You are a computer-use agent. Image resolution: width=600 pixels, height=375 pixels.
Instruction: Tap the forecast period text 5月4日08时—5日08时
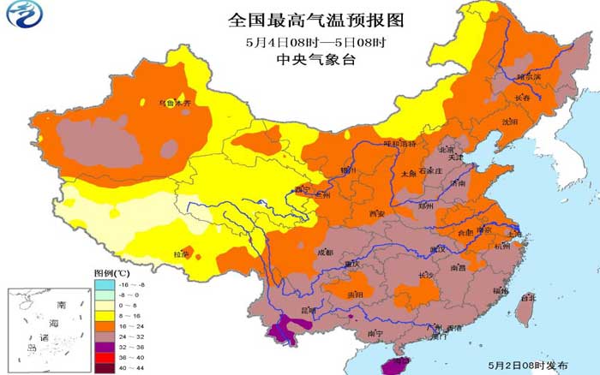pos(314,41)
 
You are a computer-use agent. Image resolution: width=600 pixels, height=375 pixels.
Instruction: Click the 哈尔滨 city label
pos(529,77)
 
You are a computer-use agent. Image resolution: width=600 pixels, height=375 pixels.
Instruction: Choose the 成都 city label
pos(325,253)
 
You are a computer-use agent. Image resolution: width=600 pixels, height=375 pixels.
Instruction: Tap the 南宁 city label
pos(374,333)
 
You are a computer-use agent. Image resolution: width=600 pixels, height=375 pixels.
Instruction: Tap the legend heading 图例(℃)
pos(110,271)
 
